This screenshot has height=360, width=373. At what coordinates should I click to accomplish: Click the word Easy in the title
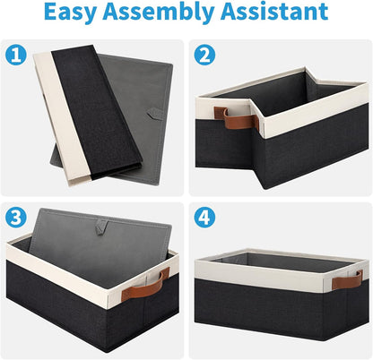click(71, 13)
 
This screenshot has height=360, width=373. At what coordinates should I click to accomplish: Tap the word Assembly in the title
click(159, 13)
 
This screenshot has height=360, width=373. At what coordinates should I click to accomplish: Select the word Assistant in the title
click(274, 11)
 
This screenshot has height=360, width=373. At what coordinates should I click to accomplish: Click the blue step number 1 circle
click(16, 55)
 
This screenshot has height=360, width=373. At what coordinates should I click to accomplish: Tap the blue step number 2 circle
click(204, 55)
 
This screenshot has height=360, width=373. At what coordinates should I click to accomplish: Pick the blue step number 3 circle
click(16, 218)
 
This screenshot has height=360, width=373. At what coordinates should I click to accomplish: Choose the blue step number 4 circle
click(204, 218)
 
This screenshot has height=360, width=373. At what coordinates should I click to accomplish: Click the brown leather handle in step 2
click(236, 119)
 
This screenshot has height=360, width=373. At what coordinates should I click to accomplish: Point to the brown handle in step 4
click(348, 279)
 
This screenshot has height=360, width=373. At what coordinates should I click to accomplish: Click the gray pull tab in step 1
click(155, 113)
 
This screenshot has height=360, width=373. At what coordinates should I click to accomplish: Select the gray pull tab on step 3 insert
click(101, 227)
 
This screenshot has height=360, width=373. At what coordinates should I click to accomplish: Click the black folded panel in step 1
click(97, 112)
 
